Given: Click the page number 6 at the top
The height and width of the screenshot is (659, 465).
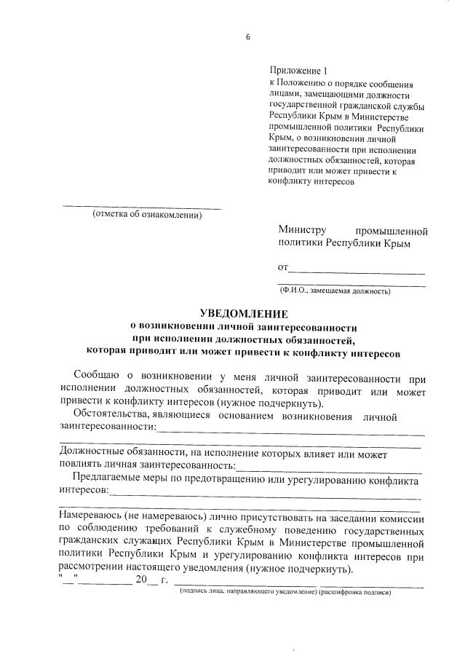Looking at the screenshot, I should pyautogui.click(x=247, y=39).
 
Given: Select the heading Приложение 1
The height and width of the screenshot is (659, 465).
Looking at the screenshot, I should pyautogui.click(x=299, y=71).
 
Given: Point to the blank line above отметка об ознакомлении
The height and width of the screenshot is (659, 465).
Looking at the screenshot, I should pyautogui.click(x=142, y=208).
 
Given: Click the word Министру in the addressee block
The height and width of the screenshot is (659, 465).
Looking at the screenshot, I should pyautogui.click(x=302, y=232).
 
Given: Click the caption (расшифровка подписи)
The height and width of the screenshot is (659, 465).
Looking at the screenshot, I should pyautogui.click(x=357, y=593).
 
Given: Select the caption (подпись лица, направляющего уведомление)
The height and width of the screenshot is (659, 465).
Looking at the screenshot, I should pyautogui.click(x=248, y=593).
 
